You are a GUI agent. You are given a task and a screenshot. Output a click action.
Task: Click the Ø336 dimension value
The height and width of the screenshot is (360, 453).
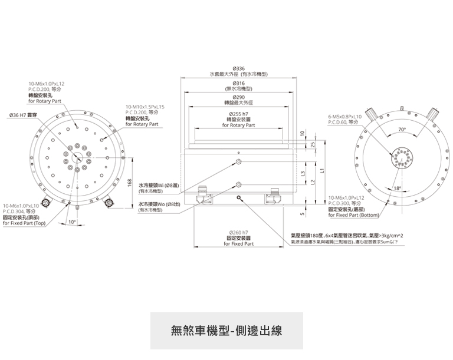(239, 69)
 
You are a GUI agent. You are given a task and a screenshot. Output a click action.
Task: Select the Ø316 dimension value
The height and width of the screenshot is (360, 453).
(239, 83)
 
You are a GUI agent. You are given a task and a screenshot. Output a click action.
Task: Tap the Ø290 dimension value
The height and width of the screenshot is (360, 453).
(239, 97)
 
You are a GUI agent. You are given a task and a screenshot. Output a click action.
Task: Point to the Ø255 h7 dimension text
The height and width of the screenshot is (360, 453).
(239, 113)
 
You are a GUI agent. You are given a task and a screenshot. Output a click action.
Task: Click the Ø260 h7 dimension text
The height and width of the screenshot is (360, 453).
(239, 232)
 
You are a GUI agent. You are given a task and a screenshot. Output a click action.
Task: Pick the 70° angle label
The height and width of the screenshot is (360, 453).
(402, 128)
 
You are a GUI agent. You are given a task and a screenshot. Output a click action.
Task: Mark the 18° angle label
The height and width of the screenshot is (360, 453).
(397, 188)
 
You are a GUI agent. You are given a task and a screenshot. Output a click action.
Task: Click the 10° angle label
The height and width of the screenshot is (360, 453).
(71, 222)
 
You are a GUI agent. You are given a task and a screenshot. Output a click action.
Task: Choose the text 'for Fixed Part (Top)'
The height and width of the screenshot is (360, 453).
(24, 223)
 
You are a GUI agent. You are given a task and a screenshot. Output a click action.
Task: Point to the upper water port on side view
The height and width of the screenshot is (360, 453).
(238, 161)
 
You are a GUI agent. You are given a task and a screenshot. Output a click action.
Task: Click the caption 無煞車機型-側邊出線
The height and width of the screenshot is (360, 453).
(226, 331)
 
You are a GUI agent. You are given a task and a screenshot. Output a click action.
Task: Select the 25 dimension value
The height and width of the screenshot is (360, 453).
(312, 144)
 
